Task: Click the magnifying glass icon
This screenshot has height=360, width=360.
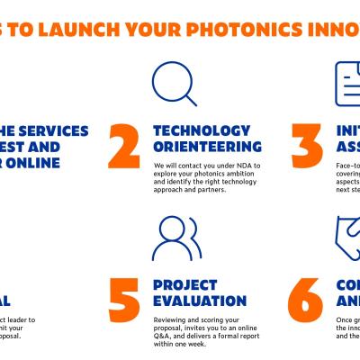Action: pos(174,84)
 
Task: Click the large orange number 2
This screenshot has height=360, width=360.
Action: pos(126,148)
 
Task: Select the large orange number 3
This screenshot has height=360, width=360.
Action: pos(309,148)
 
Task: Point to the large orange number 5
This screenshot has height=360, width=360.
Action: pos(126,303)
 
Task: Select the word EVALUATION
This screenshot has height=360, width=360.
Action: pos(200,301)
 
